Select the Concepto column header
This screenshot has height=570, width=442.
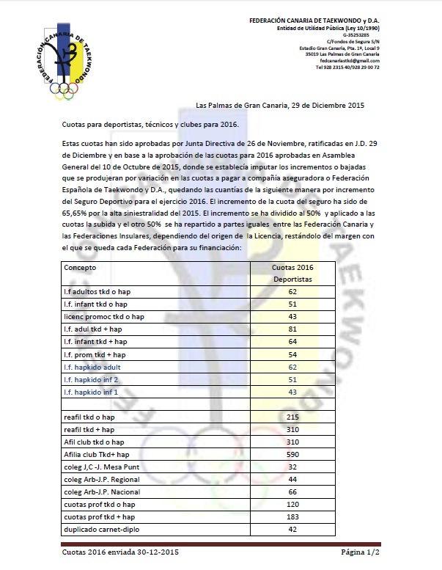(80, 268)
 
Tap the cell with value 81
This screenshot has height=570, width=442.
(292, 329)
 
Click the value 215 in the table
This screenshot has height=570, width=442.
(292, 417)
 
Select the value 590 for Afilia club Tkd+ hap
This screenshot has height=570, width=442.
(292, 454)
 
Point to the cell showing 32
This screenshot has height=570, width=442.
(292, 467)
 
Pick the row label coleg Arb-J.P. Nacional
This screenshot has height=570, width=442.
(102, 492)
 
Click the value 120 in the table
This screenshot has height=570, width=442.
(292, 504)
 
